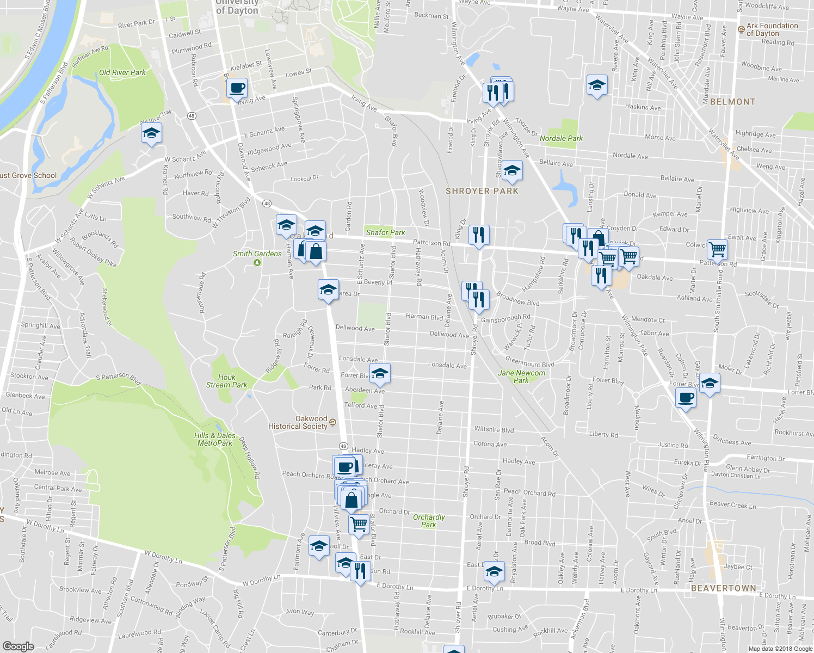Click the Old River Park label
122,72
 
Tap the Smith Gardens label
257,254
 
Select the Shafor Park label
385,232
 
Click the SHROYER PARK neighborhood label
482,191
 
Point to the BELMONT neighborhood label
732,102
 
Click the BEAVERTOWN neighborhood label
723,588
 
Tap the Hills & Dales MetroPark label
215,439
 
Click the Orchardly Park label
429,521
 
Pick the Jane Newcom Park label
521,377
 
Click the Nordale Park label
561,138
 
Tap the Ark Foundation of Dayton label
771,29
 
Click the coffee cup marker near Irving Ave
237,88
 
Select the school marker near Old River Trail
151,133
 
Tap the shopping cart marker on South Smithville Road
718,249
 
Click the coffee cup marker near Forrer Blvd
686,397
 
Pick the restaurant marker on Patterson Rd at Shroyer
478,235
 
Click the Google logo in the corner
18,646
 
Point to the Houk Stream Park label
226,381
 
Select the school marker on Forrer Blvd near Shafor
380,373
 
